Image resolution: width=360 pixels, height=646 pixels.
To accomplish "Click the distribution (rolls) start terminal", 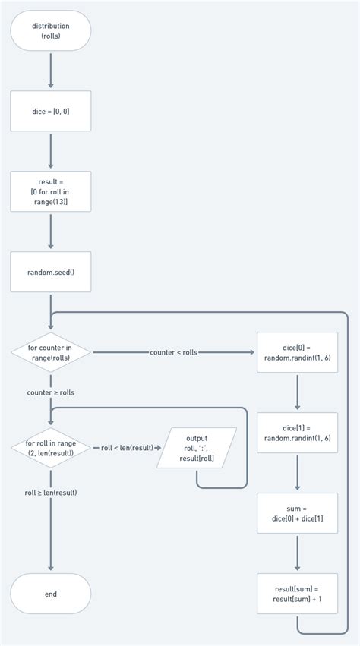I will [51, 31].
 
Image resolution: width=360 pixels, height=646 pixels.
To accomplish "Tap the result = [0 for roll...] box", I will [51, 191].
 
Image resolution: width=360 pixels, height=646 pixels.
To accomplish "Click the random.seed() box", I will [51, 272].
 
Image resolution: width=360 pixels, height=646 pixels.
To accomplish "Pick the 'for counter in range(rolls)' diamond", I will [51, 352].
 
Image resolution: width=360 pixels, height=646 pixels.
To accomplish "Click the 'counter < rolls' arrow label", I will [174, 352].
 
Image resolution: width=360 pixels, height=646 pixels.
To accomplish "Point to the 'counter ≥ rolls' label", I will [51, 392].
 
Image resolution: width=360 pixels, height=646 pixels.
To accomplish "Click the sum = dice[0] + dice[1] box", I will [297, 513].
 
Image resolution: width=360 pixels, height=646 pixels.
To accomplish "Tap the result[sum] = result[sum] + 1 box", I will [297, 594].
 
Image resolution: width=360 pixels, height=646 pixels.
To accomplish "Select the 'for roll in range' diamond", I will [51, 448].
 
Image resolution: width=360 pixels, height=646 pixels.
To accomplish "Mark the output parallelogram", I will [197, 448].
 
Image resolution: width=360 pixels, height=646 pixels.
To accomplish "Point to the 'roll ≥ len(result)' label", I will [51, 493].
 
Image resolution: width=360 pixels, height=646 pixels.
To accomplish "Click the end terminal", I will [51, 594].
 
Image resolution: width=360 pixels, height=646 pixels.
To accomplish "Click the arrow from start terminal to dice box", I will [51, 71].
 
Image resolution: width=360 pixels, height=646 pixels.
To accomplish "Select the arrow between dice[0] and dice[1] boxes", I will [297, 392].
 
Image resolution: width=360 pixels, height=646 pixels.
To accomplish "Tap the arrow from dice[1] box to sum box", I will [297, 473].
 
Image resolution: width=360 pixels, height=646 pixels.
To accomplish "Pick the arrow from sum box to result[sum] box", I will [297, 553].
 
